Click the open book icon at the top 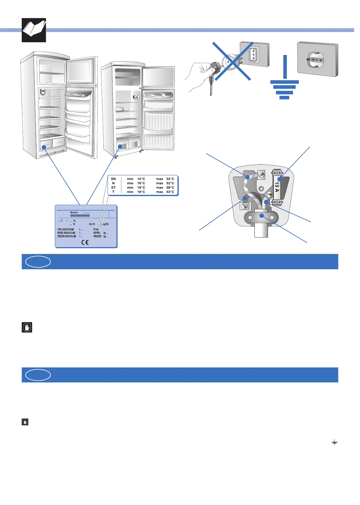coord(34,30)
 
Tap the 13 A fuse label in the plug coord(277,187)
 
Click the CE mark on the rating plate coord(85,242)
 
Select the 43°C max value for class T coord(170,192)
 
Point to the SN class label coord(113,179)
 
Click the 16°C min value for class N coord(141,183)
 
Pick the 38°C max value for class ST coord(170,188)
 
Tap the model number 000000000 coord(80,215)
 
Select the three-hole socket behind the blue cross coord(253,55)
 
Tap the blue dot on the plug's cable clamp coord(262,216)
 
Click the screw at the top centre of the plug coord(261,175)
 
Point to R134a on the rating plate coord(96,229)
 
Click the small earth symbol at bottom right coord(334,442)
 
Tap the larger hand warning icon coord(27,327)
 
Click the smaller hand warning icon coord(25,422)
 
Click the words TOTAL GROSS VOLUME coord(66,229)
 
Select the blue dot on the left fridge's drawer coord(43,147)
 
